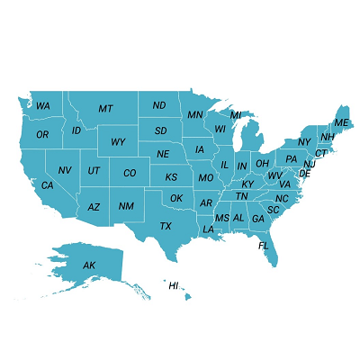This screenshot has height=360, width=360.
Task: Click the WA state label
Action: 43,106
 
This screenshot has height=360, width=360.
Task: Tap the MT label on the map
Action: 105,109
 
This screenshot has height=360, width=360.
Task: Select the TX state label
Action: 166,226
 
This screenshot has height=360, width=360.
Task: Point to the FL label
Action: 264,245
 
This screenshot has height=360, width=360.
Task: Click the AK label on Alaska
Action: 89,265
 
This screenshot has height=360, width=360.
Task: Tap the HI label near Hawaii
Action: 174,285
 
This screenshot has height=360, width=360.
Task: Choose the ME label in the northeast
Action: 341,122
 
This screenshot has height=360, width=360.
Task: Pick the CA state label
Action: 47,185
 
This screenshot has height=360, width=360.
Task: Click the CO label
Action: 130,173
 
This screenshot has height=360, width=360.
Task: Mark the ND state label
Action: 159,106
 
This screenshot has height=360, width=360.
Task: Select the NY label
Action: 304,142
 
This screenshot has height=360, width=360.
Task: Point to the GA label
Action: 258,219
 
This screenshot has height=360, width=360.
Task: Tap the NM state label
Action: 126,207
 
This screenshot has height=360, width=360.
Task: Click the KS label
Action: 171,177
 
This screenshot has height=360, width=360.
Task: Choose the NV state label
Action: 65,170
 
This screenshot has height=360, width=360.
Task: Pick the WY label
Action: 118,142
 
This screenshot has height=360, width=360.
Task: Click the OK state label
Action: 176,198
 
